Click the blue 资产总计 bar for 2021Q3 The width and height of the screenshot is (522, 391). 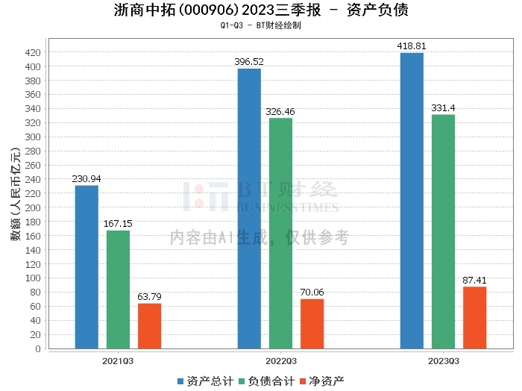tap(87, 267)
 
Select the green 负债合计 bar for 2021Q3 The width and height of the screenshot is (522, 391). tap(118, 290)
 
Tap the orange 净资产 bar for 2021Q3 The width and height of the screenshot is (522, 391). tap(149, 326)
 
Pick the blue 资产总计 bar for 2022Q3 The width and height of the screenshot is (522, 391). tap(249, 208)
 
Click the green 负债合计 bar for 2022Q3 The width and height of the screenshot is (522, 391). tap(280, 233)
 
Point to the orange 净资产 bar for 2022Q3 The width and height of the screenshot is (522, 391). tap(312, 324)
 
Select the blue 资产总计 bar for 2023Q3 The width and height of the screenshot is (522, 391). tap(412, 201)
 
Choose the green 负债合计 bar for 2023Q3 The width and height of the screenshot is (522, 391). tap(443, 231)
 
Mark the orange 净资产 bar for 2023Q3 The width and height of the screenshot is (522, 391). tap(474, 318)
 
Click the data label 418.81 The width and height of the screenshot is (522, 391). tap(412, 46)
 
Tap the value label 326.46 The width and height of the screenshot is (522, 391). tap(280, 111)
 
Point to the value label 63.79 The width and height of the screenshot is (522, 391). tap(149, 297)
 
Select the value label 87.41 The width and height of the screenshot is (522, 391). tap(474, 281)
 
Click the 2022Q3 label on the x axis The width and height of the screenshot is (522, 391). tap(280, 361)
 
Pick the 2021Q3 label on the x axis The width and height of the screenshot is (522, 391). tap(118, 361)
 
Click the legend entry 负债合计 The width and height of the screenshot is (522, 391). tap(265, 381)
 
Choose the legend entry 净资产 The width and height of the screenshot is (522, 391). tap(323, 381)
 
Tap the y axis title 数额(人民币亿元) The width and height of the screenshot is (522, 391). tap(15, 198)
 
